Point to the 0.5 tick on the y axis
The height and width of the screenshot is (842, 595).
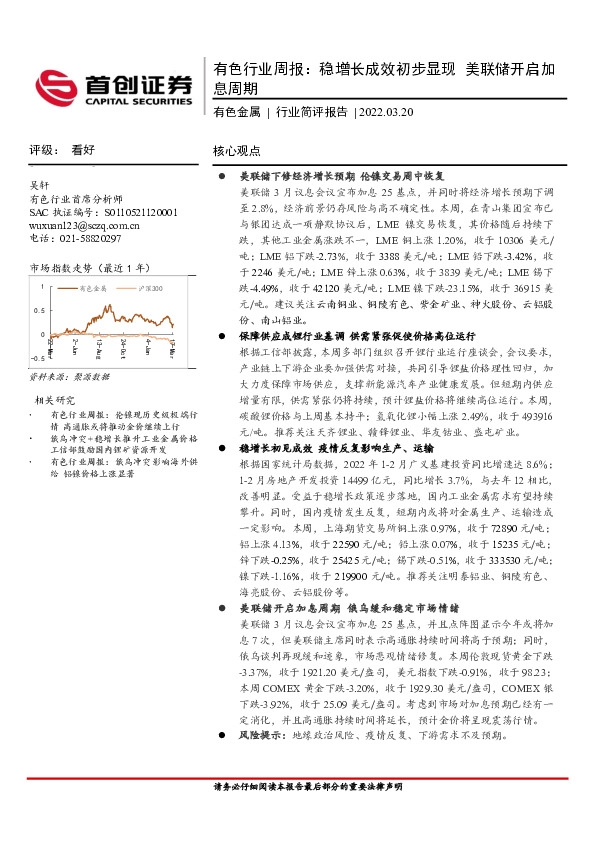point(38,310)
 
